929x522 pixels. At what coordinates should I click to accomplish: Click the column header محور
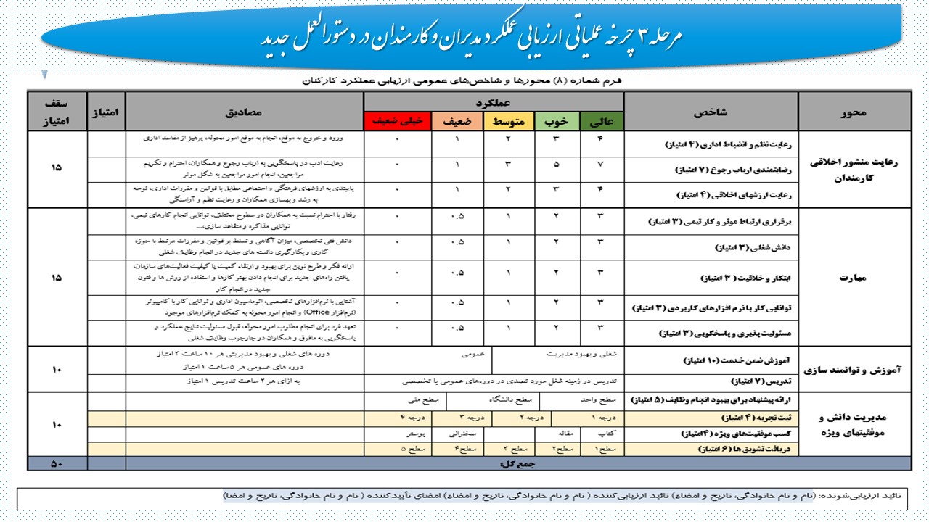pos(854,112)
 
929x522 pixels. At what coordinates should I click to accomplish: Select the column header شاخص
pos(711,112)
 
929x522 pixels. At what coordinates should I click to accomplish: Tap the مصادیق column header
pos(244,112)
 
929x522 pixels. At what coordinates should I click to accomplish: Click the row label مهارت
pos(854,276)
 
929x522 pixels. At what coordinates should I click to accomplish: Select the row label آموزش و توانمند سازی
pos(854,369)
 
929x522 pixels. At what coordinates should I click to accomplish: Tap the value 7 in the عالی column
pos(602,165)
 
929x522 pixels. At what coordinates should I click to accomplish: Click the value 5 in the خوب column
pos(557,165)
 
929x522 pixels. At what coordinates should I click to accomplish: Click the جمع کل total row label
pos(512,463)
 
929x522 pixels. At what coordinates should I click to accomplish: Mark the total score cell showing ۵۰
pos(57,463)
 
